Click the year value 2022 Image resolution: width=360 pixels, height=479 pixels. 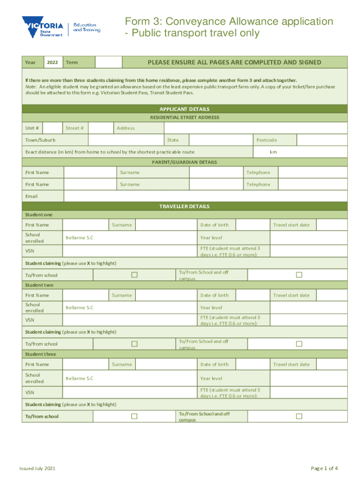[x=53, y=63]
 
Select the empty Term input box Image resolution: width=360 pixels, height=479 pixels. [x=108, y=63]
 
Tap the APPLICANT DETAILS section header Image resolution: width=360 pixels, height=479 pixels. [x=185, y=109]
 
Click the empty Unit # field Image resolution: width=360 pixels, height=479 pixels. [x=54, y=128]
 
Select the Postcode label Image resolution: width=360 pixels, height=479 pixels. [x=266, y=140]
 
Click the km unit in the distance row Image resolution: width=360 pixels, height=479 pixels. [x=273, y=152]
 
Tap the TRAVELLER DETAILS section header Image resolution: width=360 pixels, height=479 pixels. [x=185, y=206]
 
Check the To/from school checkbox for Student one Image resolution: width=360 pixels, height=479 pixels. [x=134, y=275]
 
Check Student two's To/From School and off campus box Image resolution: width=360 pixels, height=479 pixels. [x=299, y=344]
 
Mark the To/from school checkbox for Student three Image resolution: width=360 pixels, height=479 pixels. [x=134, y=416]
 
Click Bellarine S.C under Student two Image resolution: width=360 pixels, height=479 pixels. [x=79, y=307]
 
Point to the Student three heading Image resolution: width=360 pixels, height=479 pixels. [x=40, y=354]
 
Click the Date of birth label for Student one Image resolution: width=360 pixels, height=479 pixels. [x=215, y=225]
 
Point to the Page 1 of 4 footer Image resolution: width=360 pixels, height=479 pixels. [x=324, y=469]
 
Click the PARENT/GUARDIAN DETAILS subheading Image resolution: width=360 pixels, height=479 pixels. [x=185, y=162]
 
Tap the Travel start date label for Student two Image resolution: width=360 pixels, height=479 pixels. [x=291, y=295]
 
